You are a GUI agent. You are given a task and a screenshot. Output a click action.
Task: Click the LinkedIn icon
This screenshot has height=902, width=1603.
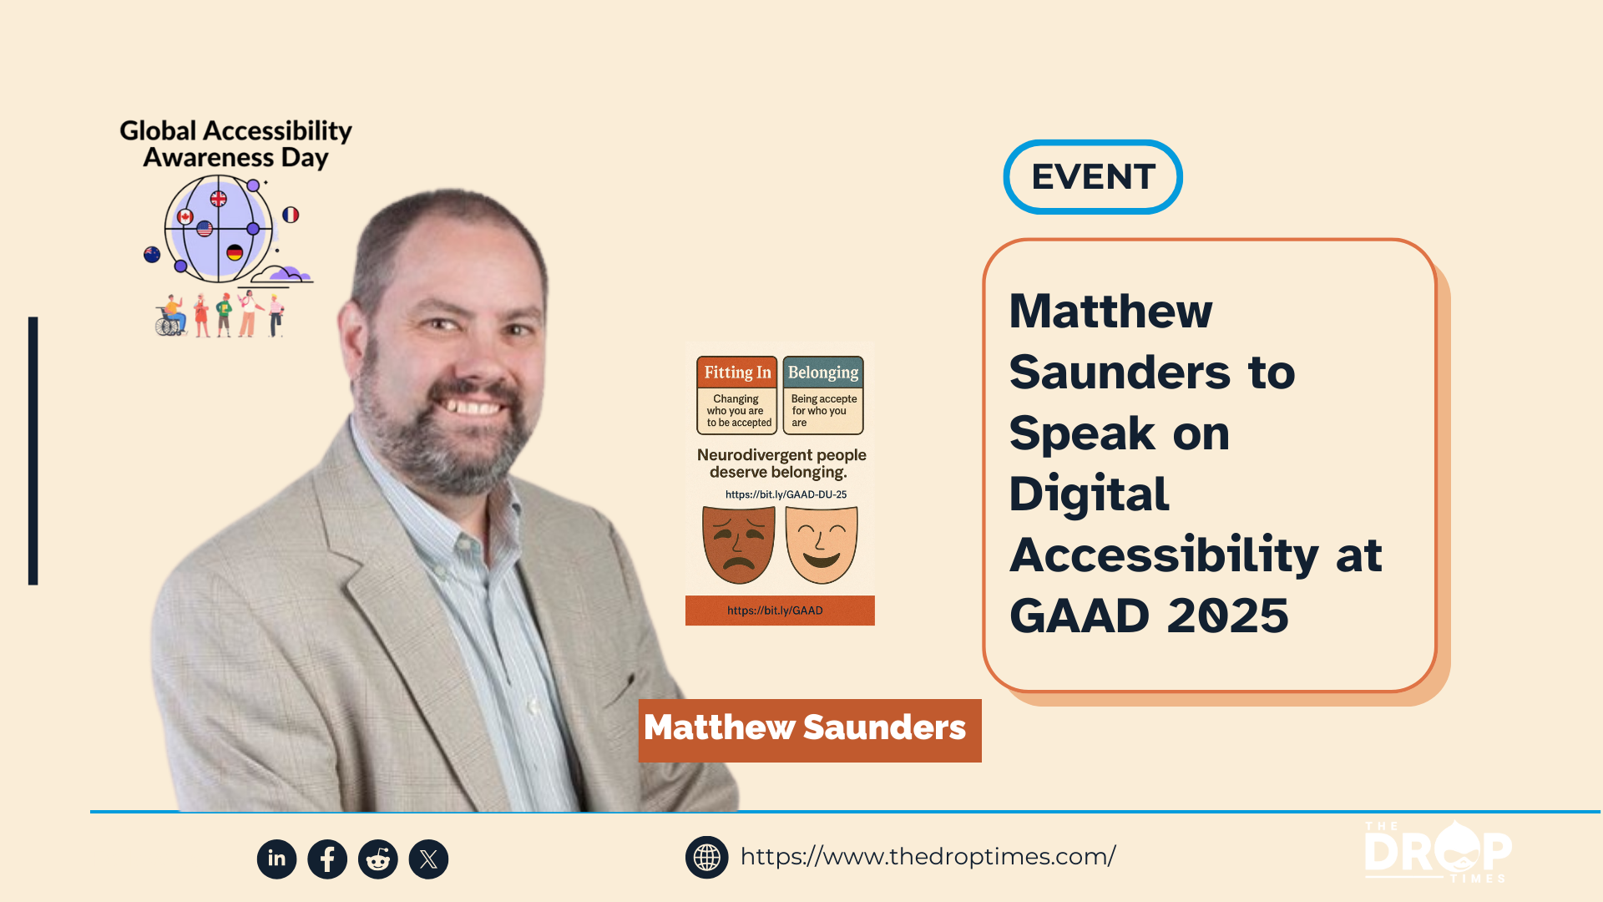[276, 859]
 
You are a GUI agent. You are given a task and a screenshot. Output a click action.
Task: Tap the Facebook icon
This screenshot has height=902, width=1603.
[327, 859]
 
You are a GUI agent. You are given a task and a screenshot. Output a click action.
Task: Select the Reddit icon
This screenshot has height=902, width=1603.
[378, 859]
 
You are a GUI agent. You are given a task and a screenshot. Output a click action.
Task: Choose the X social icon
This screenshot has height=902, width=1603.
[428, 859]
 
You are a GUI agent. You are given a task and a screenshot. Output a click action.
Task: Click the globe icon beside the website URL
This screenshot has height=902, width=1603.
[707, 857]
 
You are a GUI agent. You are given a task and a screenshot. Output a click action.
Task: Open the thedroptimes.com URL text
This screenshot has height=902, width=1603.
[928, 857]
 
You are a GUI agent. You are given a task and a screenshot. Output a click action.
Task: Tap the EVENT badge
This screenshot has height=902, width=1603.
[1093, 177]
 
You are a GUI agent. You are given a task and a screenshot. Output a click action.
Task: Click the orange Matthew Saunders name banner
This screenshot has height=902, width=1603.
[810, 730]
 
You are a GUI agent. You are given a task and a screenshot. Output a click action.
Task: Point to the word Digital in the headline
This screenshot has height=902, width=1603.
[1089, 494]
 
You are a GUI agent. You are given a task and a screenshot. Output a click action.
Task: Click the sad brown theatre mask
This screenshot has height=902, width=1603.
[739, 545]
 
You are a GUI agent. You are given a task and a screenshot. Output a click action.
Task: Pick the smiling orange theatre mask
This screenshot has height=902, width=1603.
[822, 545]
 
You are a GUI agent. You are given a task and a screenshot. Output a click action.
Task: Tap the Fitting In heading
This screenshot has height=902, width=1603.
[737, 372]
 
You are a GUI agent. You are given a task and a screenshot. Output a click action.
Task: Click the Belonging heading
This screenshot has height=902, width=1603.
[823, 372]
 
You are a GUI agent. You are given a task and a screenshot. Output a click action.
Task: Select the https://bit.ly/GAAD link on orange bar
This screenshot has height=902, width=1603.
[775, 611]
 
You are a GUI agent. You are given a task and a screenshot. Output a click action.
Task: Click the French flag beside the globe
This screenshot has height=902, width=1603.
[291, 215]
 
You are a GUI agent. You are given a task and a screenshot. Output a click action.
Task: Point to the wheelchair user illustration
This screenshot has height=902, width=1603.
[172, 316]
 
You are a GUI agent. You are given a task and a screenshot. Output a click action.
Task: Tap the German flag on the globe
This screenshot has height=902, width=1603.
[235, 252]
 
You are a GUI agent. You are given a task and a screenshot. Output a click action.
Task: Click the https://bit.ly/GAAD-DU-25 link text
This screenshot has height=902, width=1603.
[786, 494]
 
